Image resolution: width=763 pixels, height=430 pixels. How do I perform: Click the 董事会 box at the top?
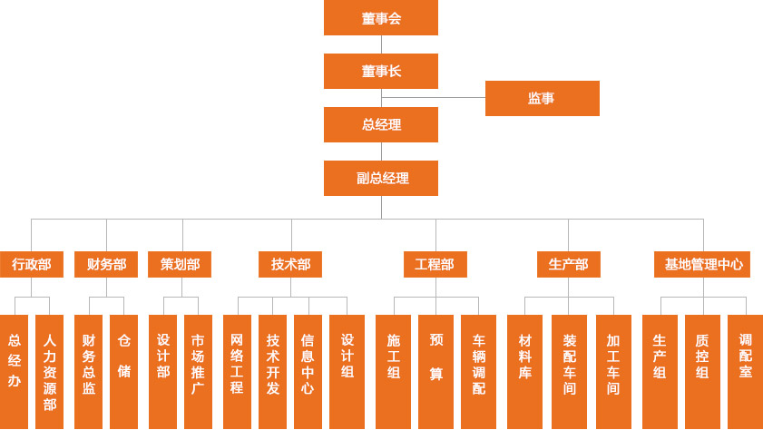[x=381, y=18]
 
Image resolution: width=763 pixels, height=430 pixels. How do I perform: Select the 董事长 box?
[x=381, y=71]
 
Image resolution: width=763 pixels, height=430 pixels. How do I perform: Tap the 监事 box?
[x=542, y=98]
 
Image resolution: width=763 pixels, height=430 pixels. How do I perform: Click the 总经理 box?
[x=381, y=124]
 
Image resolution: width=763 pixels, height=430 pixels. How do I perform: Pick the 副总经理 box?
[x=381, y=178]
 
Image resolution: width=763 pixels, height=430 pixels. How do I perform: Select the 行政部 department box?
[x=32, y=264]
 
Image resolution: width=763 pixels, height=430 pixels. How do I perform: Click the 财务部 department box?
[x=106, y=264]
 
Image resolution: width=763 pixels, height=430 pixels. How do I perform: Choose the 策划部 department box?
[x=180, y=264]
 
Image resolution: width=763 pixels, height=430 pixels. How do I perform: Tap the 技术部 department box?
[x=290, y=264]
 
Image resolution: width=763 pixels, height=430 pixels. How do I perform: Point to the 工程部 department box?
[x=435, y=264]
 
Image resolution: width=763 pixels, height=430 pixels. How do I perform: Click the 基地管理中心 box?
[x=702, y=264]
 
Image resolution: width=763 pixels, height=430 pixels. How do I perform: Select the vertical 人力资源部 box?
[x=50, y=372]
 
